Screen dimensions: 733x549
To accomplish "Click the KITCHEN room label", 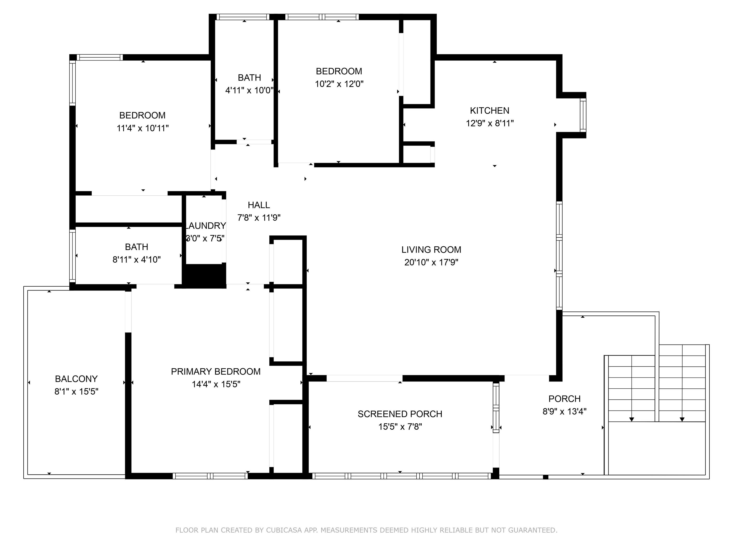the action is pos(489,111).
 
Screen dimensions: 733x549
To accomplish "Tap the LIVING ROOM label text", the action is pos(431,249).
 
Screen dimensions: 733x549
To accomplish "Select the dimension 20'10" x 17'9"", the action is pos(431,262).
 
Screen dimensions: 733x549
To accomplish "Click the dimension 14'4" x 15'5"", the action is pos(216,384).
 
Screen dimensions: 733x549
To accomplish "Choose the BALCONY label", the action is pos(76,379).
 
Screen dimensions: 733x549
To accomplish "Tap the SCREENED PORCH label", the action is pos(400,414).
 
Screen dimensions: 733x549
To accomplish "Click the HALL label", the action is pos(259,205).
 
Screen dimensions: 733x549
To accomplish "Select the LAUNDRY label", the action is pos(205,226).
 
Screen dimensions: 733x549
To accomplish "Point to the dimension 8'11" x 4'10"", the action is pos(136,259).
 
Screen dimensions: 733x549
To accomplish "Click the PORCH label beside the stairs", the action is pos(564,399).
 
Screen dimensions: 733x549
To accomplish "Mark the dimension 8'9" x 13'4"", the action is pos(564,411).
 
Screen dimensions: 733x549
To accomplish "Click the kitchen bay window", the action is pos(583,115).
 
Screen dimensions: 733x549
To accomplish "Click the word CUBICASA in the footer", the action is pos(284,530).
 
